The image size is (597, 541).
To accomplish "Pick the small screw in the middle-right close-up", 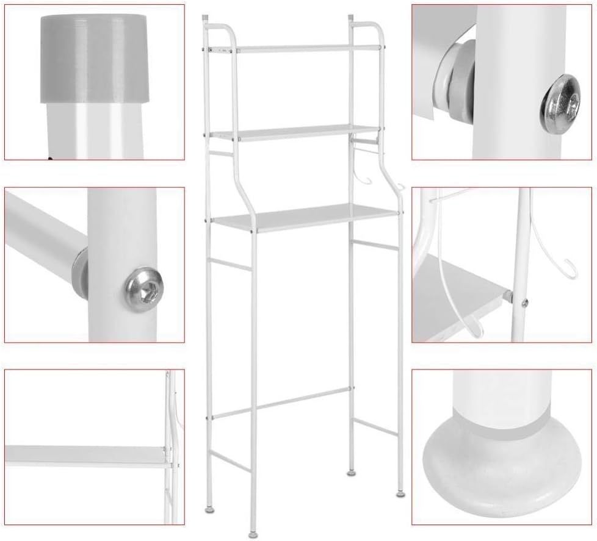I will [524, 301].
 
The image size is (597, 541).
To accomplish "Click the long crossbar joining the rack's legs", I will [281, 403].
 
